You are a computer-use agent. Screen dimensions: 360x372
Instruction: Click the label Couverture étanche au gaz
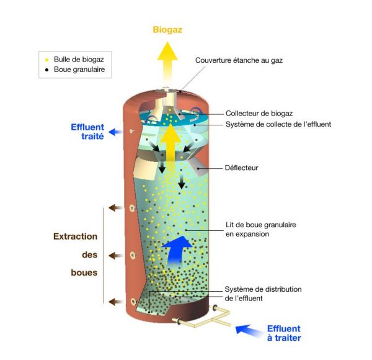239,60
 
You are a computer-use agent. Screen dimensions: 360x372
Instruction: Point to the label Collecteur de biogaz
259,113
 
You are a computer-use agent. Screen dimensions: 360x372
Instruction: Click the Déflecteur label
241,168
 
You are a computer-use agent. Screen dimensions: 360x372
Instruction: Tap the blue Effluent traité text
87,132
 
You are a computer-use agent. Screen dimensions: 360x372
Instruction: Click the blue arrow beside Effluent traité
115,132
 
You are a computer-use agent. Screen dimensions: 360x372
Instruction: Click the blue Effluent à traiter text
284,333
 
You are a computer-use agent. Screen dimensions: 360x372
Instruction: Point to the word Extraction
76,236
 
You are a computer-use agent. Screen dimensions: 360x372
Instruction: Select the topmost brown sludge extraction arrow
114,207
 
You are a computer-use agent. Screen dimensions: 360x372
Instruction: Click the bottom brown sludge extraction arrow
114,302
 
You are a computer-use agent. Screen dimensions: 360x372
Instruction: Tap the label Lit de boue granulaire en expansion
255,230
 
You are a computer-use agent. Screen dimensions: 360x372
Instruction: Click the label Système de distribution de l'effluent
263,294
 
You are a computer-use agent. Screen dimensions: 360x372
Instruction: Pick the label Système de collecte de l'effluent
278,124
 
